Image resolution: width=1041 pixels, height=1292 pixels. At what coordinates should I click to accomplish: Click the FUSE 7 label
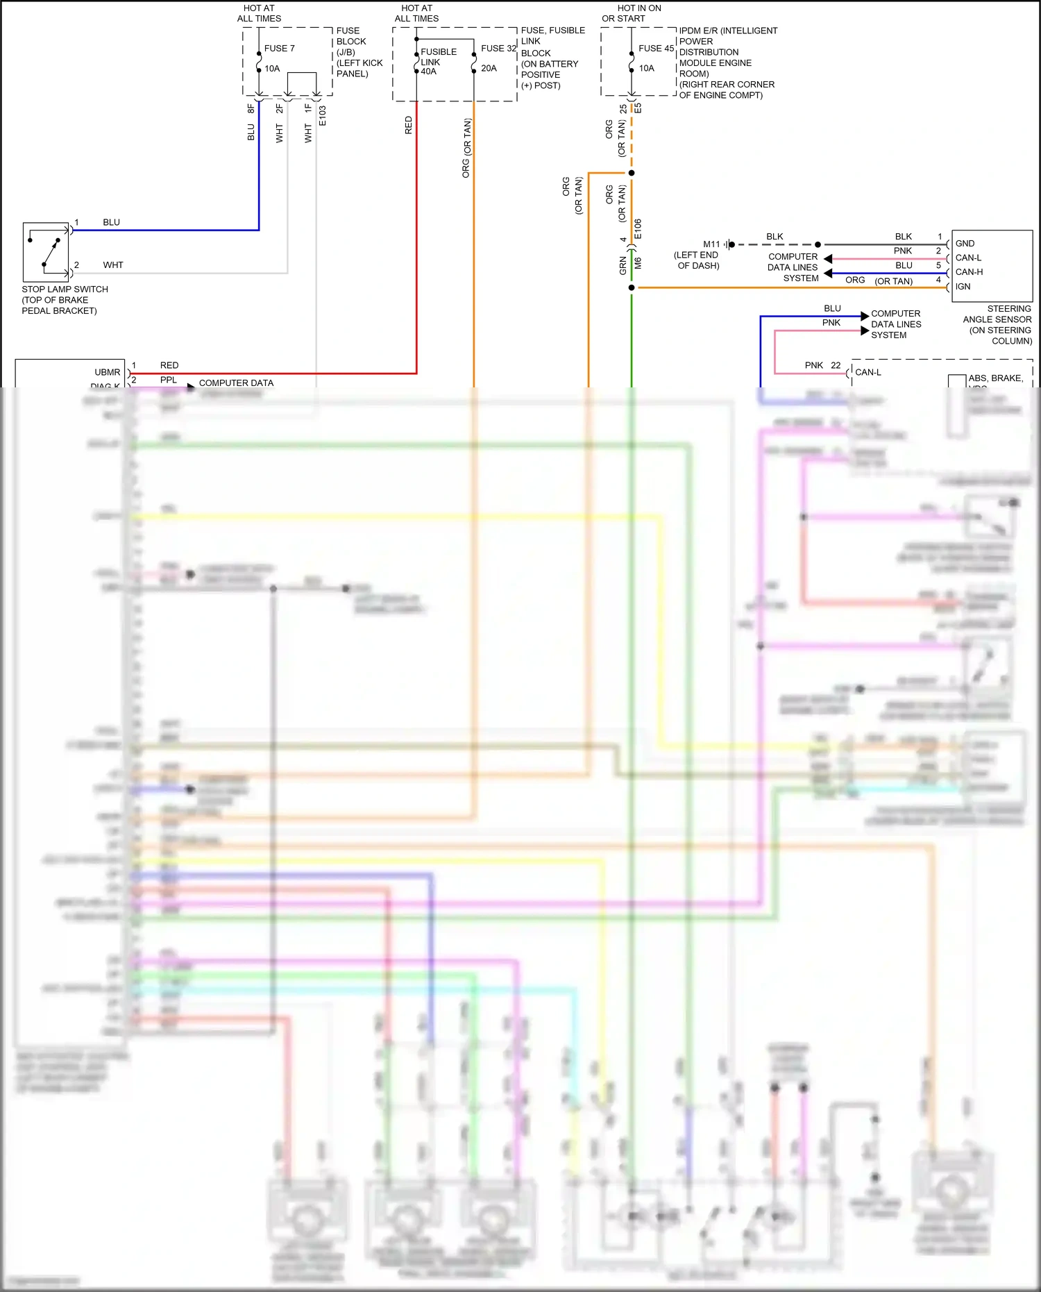click(x=279, y=49)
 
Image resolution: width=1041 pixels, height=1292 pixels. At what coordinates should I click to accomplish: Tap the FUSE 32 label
click(x=498, y=49)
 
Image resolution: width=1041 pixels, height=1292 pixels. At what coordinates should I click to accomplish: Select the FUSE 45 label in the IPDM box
click(x=656, y=49)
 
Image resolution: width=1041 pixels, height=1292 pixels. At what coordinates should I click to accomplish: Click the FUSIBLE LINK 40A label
click(x=438, y=61)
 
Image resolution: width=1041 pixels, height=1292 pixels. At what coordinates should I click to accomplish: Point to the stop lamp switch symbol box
click(x=46, y=251)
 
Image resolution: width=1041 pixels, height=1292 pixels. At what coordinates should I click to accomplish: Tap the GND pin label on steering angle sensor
click(x=965, y=244)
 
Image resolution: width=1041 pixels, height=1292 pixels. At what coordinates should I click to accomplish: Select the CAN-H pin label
click(x=969, y=272)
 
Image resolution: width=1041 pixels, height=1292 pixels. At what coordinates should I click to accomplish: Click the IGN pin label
click(x=963, y=287)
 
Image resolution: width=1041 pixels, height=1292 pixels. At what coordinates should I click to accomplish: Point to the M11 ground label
click(x=711, y=244)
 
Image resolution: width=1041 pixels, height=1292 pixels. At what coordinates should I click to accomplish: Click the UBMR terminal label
click(x=107, y=372)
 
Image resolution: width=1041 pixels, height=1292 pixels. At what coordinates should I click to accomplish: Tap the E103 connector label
click(x=323, y=116)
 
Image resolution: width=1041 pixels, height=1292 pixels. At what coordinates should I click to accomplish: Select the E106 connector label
click(x=638, y=229)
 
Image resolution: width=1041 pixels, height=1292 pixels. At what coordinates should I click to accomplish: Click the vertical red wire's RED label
click(x=409, y=125)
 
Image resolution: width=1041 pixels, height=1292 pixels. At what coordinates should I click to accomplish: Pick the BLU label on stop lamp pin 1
click(x=111, y=223)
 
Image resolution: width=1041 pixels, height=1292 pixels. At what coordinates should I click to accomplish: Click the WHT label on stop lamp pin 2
click(x=112, y=265)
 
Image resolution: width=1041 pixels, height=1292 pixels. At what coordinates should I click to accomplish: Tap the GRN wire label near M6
click(x=623, y=265)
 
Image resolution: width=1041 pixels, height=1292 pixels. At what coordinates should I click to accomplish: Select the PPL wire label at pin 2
click(x=168, y=380)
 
